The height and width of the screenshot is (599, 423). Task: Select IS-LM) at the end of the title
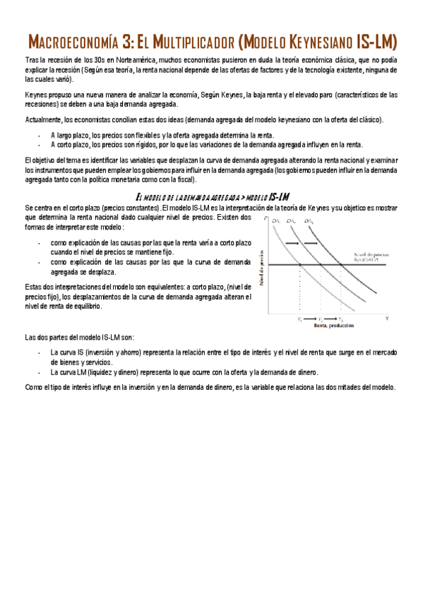tap(373, 41)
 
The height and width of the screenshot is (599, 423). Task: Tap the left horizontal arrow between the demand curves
tap(291, 242)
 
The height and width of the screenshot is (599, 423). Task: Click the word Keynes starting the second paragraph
tap(35, 94)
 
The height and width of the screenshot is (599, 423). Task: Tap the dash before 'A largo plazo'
tap(39, 135)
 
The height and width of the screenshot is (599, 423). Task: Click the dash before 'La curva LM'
tap(39, 372)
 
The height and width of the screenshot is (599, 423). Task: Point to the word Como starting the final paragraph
tap(32, 387)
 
